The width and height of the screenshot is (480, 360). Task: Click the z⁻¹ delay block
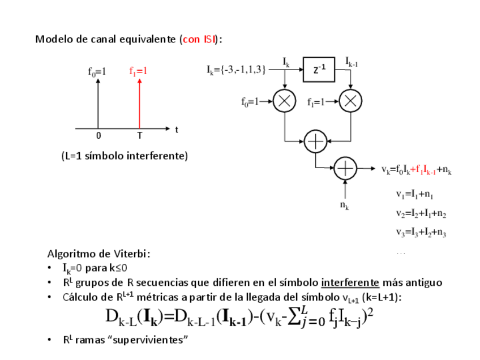319,69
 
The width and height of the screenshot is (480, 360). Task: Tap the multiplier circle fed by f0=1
284,101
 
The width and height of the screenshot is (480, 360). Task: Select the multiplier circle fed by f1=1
350,101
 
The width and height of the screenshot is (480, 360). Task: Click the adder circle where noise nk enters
345,168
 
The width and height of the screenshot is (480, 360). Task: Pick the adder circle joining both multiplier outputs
315,141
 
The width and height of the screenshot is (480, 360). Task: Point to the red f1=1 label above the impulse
138,71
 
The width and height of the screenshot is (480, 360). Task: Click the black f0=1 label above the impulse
97,71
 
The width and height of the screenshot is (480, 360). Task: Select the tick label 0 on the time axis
98,136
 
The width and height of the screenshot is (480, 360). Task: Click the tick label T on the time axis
139,136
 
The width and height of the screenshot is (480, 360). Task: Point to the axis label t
177,129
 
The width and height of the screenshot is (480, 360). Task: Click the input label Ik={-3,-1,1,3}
236,70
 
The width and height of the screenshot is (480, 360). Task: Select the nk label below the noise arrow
344,205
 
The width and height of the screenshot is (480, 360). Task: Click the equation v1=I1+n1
415,195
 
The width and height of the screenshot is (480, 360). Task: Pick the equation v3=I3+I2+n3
421,233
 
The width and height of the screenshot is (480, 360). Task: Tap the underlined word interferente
350,282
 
